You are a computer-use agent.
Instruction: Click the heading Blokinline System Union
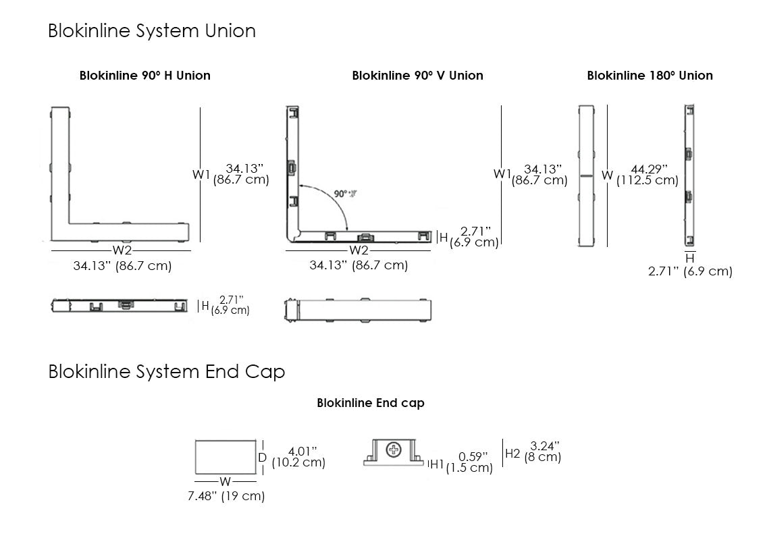point(151,31)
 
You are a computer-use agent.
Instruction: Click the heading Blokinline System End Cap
point(166,372)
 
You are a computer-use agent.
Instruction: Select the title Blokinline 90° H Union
point(144,76)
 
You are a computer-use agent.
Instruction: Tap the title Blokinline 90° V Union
point(417,76)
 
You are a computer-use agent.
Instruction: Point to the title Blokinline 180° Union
point(650,76)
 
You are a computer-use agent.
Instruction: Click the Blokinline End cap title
point(371,403)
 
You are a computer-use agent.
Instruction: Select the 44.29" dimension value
point(649,169)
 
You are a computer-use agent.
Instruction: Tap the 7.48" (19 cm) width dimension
point(226,497)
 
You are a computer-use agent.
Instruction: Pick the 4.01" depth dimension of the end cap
point(302,451)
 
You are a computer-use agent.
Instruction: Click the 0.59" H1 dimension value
point(472,456)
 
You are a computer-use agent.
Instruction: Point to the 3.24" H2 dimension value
point(545,446)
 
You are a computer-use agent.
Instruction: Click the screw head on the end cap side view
point(393,450)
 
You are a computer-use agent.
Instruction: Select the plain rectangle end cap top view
point(226,457)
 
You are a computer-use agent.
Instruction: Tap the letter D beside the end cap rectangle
point(263,457)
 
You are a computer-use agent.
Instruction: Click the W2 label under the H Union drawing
point(122,251)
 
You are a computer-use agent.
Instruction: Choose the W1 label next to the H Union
point(202,174)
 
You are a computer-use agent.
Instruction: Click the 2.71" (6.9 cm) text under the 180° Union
point(690,271)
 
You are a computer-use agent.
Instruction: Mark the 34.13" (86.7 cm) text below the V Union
point(359,265)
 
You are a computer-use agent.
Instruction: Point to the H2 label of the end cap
point(513,453)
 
